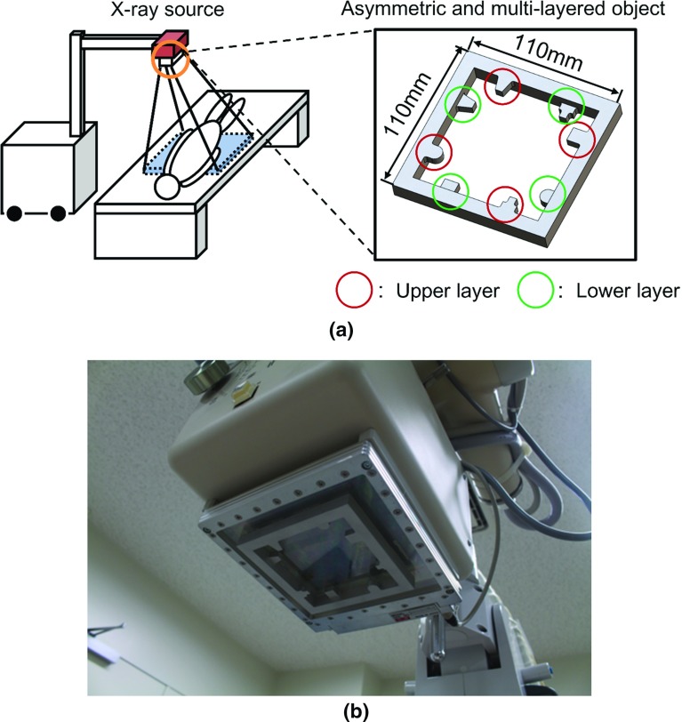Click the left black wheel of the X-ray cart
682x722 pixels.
click(x=14, y=213)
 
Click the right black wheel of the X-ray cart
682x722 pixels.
click(x=58, y=213)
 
